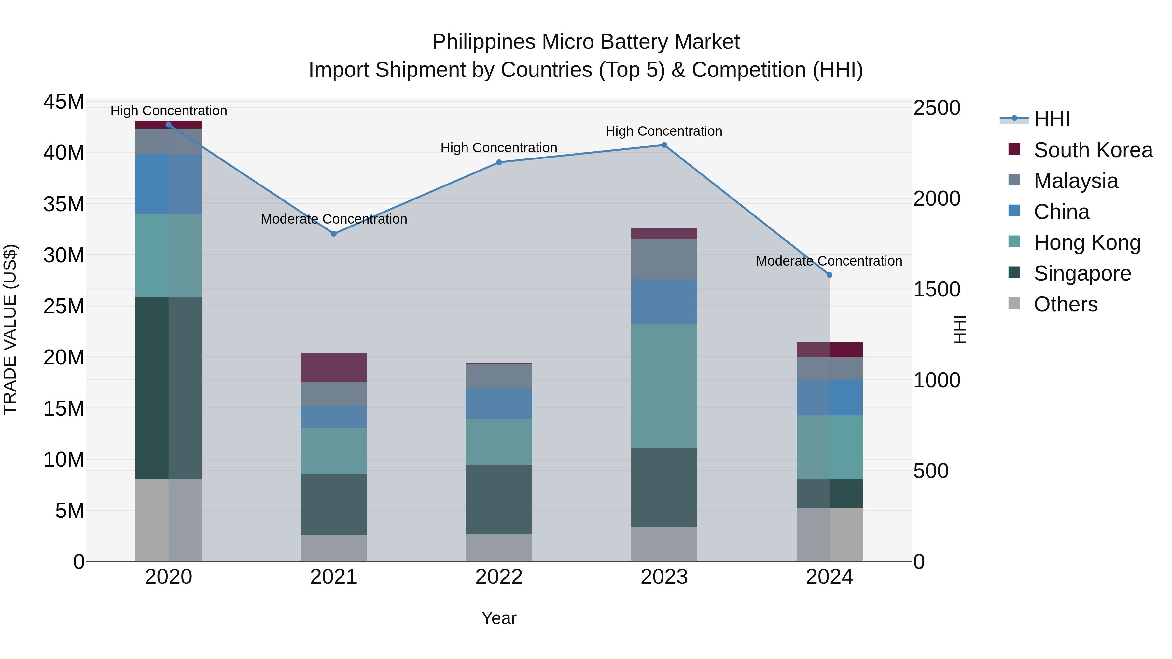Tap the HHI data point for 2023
click(x=664, y=145)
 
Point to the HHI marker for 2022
click(x=499, y=162)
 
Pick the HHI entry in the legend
click(x=1052, y=119)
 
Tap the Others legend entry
click(x=1065, y=304)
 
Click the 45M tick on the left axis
click(x=64, y=102)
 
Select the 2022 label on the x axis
click(x=499, y=577)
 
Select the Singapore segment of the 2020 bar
click(x=168, y=388)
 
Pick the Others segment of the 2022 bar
click(x=499, y=548)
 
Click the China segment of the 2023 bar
click(x=664, y=302)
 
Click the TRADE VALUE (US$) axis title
click(x=10, y=330)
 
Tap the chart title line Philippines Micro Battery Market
click(x=586, y=42)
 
